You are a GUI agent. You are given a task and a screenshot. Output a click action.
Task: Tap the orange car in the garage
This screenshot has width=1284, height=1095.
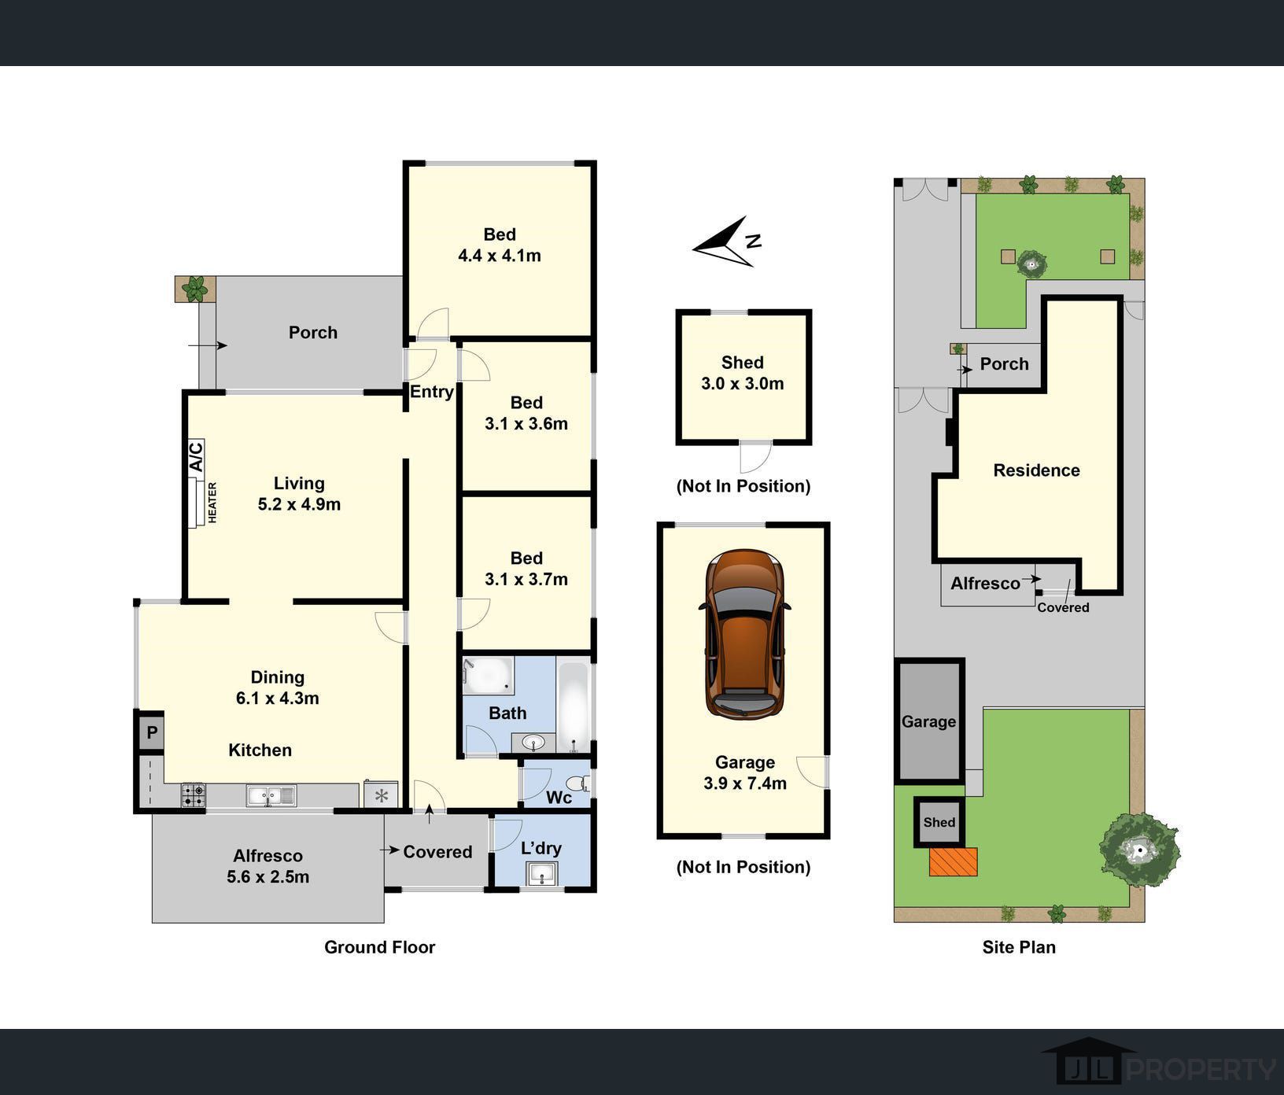[744, 634]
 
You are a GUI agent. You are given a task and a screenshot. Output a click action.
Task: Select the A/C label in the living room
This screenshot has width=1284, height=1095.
[196, 456]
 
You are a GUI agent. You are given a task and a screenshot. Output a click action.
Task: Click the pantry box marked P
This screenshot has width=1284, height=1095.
[151, 733]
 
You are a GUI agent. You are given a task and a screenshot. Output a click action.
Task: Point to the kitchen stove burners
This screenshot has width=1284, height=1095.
[194, 795]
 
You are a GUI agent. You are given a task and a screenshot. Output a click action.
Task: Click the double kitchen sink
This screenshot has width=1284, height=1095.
[271, 796]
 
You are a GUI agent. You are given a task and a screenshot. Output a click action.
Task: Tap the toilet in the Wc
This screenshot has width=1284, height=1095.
[579, 783]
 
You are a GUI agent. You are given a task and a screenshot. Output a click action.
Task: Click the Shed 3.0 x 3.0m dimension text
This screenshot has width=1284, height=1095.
[743, 384]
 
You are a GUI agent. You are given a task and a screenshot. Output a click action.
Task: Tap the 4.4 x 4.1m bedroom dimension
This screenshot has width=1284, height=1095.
[500, 256]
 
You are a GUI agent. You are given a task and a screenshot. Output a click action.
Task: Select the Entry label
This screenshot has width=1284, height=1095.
[432, 392]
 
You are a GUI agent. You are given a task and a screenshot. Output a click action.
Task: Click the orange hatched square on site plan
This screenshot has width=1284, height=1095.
[954, 861]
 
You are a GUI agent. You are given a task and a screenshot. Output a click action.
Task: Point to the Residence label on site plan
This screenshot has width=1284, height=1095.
[1036, 470]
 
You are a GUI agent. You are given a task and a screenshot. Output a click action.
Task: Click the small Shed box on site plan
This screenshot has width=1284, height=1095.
[939, 822]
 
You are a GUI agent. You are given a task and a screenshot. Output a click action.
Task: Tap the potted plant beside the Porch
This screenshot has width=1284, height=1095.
[194, 289]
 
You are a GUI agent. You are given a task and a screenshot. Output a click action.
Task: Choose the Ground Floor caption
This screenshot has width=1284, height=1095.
[379, 947]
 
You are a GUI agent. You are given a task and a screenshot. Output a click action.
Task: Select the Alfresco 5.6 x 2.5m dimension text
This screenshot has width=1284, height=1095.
[267, 877]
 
